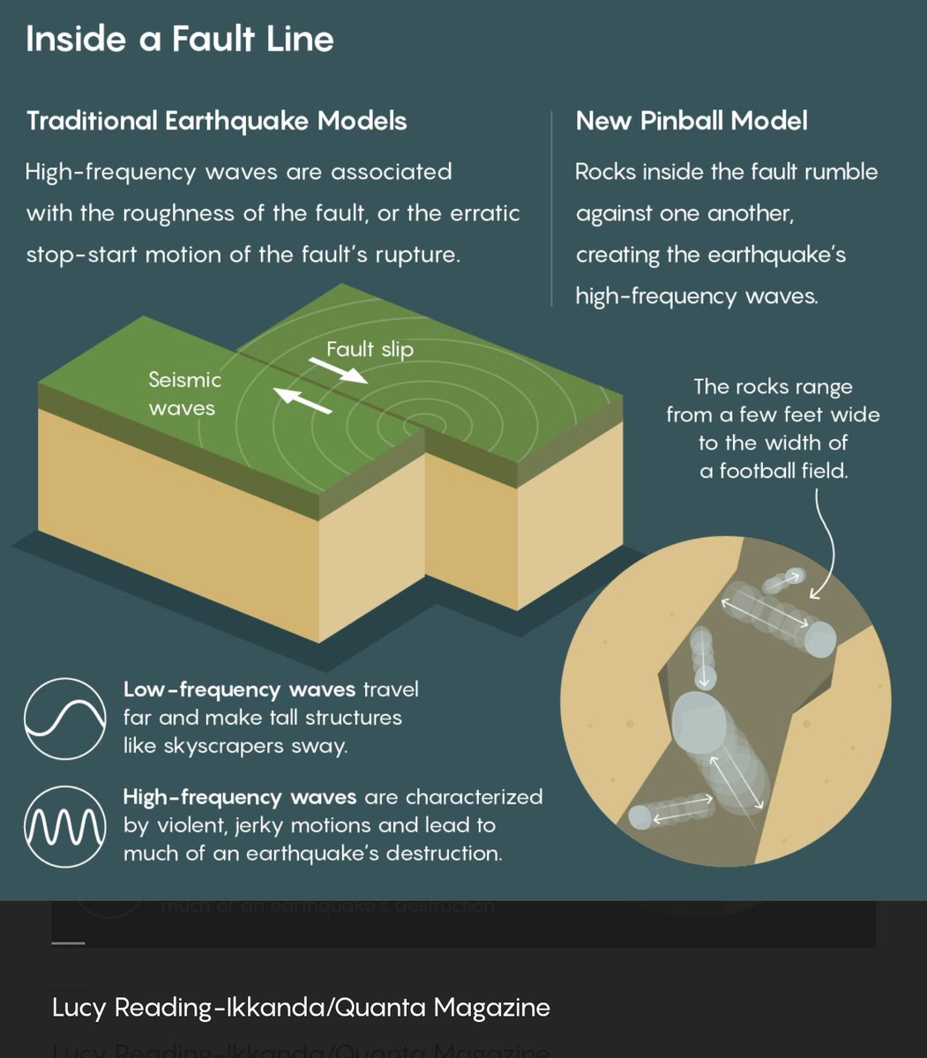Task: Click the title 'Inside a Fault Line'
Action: [180, 40]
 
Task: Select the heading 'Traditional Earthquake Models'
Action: [217, 121]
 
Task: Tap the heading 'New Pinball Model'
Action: [692, 121]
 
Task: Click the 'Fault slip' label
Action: [370, 349]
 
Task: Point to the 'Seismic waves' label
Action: [183, 393]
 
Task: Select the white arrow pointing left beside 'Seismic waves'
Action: [302, 401]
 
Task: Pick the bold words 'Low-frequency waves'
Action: [239, 689]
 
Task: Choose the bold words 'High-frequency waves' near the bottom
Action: [240, 797]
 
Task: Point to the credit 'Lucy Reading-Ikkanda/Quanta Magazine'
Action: [301, 1007]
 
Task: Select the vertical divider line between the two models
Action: [551, 209]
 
